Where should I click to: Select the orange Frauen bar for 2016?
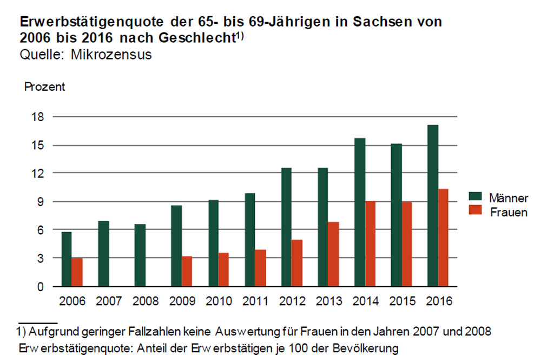pyautogui.click(x=443, y=238)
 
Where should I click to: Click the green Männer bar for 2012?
pyautogui.click(x=286, y=227)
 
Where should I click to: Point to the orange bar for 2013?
pyautogui.click(x=333, y=254)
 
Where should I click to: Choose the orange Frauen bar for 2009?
pyautogui.click(x=187, y=271)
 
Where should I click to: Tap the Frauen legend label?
pyautogui.click(x=509, y=212)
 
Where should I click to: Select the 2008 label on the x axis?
pyautogui.click(x=146, y=300)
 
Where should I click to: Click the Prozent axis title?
pyautogui.click(x=44, y=87)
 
